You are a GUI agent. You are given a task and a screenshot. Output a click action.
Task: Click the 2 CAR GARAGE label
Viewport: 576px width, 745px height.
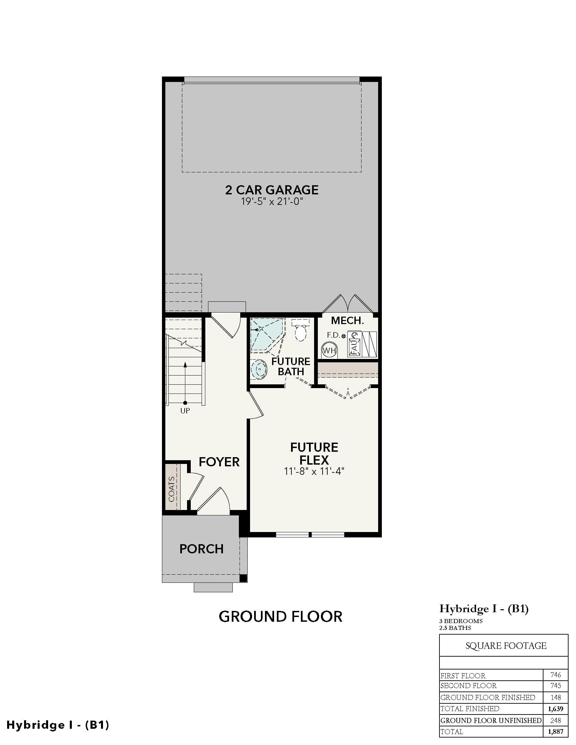tap(272, 190)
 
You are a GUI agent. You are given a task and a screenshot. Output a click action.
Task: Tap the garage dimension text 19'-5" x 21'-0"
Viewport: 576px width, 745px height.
tap(272, 201)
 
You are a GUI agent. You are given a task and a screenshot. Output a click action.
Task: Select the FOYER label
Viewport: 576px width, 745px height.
tap(219, 462)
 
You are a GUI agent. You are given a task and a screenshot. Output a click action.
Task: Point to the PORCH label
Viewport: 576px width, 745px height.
tap(201, 549)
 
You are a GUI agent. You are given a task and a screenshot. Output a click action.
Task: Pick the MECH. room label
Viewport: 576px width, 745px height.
tap(347, 320)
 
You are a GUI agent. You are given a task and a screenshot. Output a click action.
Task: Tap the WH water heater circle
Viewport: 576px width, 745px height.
tap(329, 350)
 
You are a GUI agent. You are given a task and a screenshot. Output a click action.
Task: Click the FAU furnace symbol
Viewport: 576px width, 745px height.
tap(354, 344)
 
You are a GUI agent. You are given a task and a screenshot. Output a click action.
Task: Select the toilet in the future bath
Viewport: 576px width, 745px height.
tap(301, 330)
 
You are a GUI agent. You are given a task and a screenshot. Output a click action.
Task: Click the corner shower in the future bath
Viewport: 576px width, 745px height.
tap(267, 335)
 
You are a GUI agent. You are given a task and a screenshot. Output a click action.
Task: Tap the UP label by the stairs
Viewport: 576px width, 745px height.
tap(185, 411)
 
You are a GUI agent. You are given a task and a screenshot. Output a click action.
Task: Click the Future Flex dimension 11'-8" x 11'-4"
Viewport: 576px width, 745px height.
tap(314, 471)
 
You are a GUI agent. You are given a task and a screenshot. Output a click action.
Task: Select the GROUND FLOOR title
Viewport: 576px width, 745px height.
tap(281, 617)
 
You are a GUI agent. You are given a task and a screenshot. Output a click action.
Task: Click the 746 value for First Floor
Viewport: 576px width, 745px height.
tap(556, 675)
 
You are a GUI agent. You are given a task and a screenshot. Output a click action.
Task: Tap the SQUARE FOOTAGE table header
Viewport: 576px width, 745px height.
tap(506, 646)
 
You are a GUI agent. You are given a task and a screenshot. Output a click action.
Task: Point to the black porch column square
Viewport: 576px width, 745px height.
tap(243, 578)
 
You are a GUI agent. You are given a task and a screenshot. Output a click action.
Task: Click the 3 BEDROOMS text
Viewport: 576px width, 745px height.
tap(461, 621)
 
